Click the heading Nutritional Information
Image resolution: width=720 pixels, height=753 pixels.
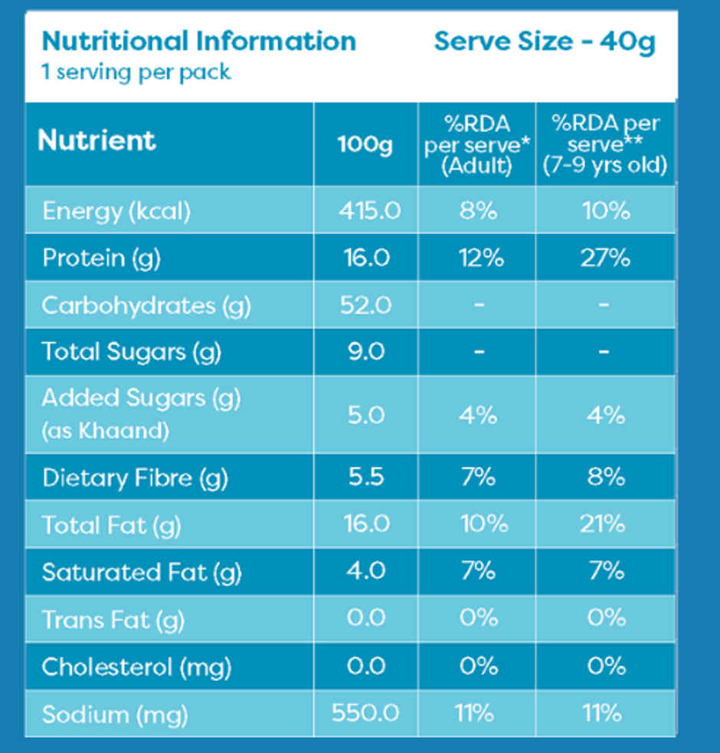point(198,41)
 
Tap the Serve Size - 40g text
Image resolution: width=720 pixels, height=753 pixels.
point(544,41)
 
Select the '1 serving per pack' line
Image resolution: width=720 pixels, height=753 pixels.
point(136,73)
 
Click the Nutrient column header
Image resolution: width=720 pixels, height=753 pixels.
point(97,141)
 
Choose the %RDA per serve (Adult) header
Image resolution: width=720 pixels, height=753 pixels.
point(476,145)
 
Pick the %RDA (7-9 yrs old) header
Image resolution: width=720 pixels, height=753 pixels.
point(605,145)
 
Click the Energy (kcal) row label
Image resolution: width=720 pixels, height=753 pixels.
point(116,210)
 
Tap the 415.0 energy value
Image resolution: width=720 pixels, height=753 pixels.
point(369,210)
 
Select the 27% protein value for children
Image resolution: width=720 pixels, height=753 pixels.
point(604,258)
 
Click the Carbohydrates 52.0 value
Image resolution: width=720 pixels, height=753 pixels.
point(365,305)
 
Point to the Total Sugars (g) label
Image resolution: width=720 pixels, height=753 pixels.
point(131,352)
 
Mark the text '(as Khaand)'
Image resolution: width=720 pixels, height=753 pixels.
point(106,431)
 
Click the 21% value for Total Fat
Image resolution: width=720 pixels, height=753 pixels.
point(604,524)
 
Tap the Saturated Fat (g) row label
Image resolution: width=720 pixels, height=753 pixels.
point(142,572)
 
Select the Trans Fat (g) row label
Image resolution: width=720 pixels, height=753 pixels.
point(113,619)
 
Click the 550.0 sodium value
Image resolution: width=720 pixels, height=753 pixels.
point(365,713)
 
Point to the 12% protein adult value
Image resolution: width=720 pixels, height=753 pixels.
point(481,258)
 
